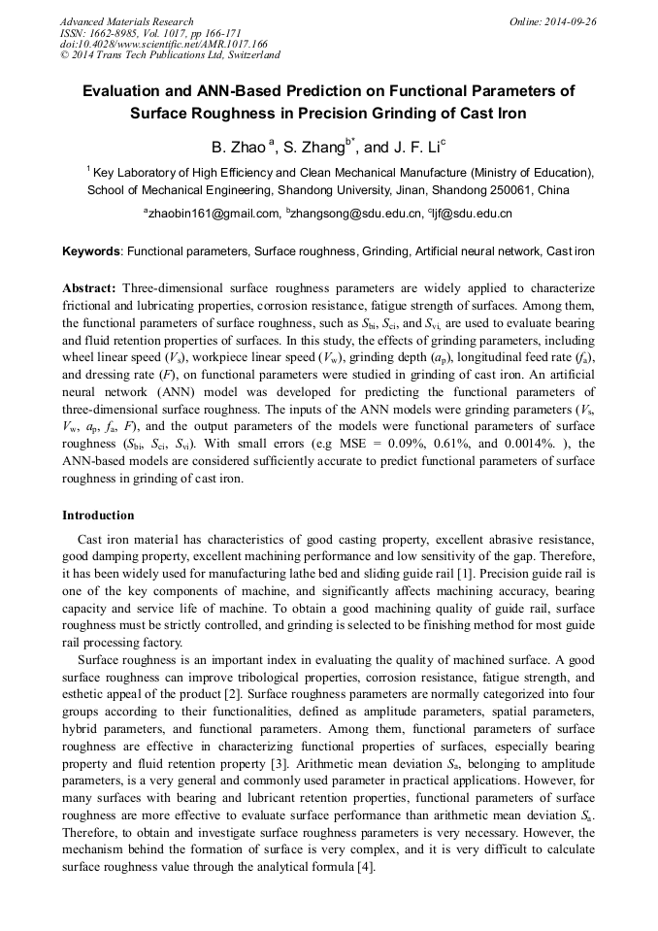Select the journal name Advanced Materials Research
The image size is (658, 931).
[126, 21]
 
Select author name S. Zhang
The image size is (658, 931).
[314, 148]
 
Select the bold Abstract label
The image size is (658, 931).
[89, 289]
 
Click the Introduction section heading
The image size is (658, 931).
[98, 515]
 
